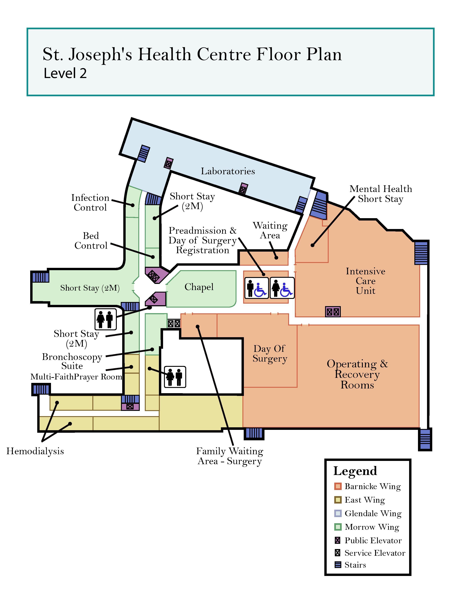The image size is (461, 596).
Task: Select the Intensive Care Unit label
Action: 365,281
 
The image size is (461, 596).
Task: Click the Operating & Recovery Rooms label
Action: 357,374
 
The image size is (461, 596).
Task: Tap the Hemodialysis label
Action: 35,451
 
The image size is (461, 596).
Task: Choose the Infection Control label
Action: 90,202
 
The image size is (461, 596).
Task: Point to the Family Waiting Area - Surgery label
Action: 229,456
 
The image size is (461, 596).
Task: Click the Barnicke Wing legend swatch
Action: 338,486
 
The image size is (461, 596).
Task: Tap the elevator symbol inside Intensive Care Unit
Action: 333,312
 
